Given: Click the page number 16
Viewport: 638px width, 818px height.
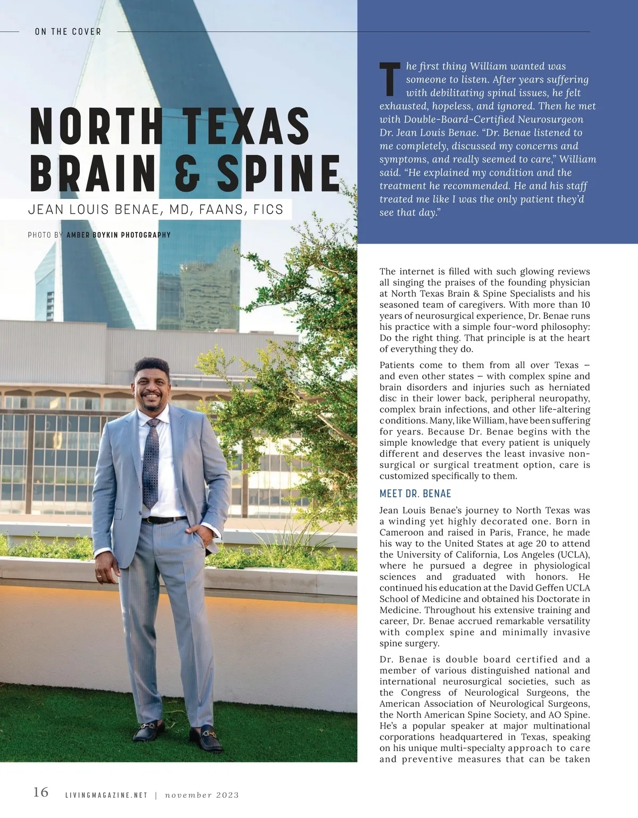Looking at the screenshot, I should (41, 792).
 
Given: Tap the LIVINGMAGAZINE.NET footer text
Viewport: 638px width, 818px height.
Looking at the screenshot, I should (106, 795).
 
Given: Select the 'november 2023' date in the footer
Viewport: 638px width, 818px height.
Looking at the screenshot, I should (202, 795).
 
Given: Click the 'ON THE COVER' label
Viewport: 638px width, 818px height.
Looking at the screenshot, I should (68, 32).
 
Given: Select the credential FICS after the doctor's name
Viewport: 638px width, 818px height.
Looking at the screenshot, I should (268, 210).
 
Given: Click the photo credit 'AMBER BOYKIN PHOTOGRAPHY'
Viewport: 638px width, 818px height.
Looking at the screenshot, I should (119, 235).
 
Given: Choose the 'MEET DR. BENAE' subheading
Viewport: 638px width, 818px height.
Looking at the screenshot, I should (415, 494).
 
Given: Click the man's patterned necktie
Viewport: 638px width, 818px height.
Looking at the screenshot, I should (152, 463).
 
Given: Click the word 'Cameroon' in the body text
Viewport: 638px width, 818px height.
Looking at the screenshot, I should (398, 532).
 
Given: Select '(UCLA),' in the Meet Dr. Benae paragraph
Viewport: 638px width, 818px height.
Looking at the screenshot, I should (568, 555).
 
